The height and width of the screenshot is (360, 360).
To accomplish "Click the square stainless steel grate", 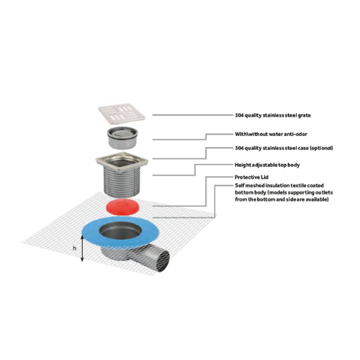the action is [122, 114].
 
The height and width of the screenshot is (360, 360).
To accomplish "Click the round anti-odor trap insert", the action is [122, 138].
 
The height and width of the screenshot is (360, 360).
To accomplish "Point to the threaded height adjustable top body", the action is [122, 180].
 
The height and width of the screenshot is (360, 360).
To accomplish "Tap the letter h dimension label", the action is [75, 248].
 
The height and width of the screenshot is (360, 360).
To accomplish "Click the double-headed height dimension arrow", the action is [82, 248].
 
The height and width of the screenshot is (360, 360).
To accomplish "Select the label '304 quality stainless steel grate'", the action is [273, 115].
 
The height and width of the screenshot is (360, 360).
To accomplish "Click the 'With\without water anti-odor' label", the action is [271, 134].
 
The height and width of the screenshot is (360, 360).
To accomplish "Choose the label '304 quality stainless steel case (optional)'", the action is [284, 148].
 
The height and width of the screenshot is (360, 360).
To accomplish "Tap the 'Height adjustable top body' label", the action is [267, 165].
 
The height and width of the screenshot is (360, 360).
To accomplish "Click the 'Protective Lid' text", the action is [251, 177].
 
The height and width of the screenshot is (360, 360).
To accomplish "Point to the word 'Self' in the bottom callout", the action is [240, 185].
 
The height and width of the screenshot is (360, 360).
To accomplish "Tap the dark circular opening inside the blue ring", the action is [120, 230].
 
